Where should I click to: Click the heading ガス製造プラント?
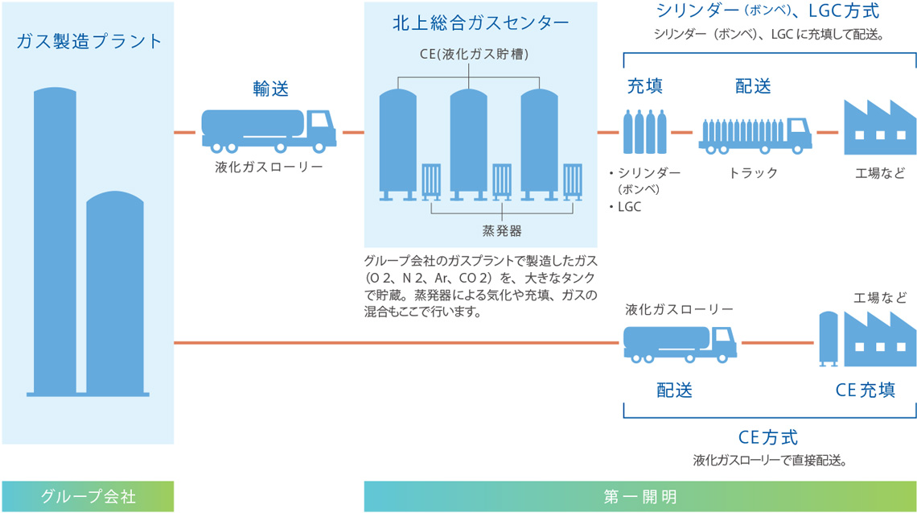(88, 41)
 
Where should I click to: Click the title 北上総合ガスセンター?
(481, 23)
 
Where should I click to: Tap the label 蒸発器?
(502, 231)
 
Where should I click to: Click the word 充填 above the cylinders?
(645, 86)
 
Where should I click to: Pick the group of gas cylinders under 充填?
(644, 132)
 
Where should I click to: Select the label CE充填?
(865, 391)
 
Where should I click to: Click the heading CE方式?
(767, 438)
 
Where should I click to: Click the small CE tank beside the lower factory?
(829, 340)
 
